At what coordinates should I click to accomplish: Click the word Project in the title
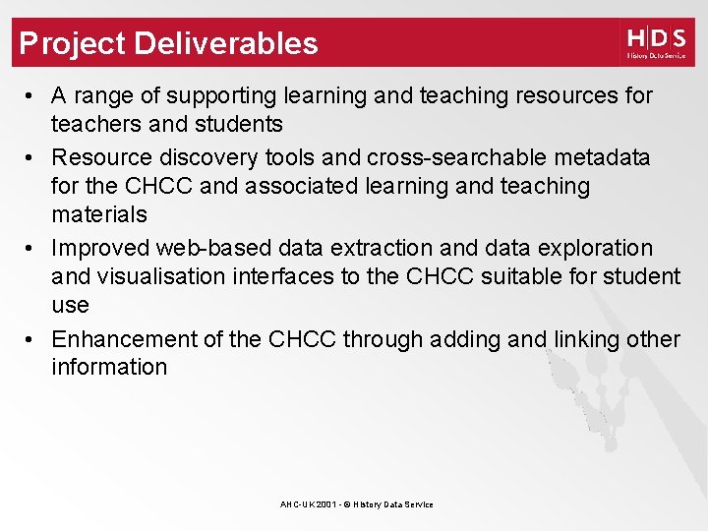[x=73, y=43]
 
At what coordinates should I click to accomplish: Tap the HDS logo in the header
[x=656, y=42]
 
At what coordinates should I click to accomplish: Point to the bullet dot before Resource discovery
[x=32, y=157]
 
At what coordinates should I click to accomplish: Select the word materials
[x=99, y=214]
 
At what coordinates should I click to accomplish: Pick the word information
[x=109, y=368]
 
